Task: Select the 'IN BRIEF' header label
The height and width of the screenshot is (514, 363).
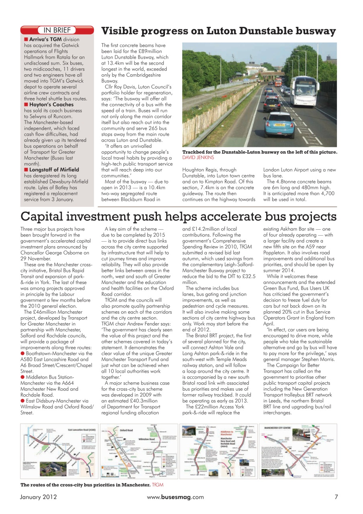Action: (57, 30)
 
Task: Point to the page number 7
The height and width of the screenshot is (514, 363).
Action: (336, 497)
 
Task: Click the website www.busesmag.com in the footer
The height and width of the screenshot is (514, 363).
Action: (175, 497)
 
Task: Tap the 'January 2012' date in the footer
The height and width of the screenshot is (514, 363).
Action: (39, 497)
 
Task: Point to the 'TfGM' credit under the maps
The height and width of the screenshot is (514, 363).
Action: (158, 485)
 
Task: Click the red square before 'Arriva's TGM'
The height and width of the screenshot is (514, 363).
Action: (26, 39)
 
